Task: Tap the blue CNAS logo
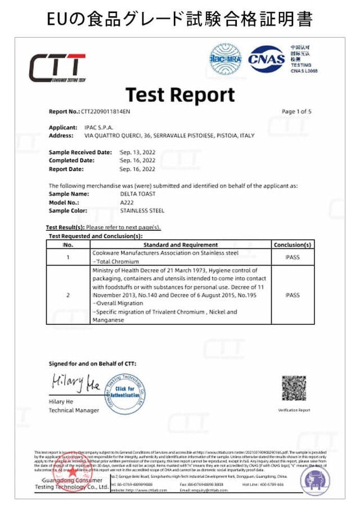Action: tap(267, 59)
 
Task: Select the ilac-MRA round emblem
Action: tap(225, 59)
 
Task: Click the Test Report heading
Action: tap(180, 94)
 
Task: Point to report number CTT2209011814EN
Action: tap(105, 112)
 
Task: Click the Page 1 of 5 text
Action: tap(296, 111)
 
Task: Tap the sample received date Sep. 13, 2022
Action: tap(138, 152)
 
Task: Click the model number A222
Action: tap(127, 202)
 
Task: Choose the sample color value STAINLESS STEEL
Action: tap(142, 211)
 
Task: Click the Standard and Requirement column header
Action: tap(181, 245)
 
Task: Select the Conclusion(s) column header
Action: tap(292, 245)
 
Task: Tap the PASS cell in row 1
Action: tap(292, 257)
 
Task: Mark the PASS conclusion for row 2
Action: tap(292, 295)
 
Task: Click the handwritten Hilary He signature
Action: tap(75, 384)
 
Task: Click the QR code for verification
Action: tap(294, 388)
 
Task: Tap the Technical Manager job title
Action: tap(74, 410)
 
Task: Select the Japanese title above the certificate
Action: tap(180, 19)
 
